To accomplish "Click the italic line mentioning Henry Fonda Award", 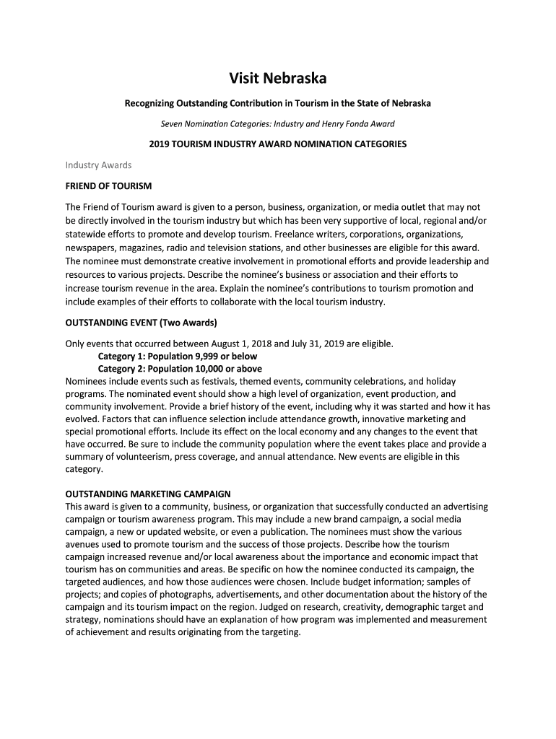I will coord(278,123).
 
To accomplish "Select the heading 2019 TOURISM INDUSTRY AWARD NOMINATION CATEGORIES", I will coord(278,144).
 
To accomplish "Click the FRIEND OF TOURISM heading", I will coord(108,186).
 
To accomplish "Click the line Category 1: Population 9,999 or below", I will coord(177,357).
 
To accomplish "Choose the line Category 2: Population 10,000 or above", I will coord(180,369).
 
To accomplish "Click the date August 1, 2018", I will coord(243,344).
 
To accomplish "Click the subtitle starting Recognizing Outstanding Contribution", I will coord(278,103).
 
